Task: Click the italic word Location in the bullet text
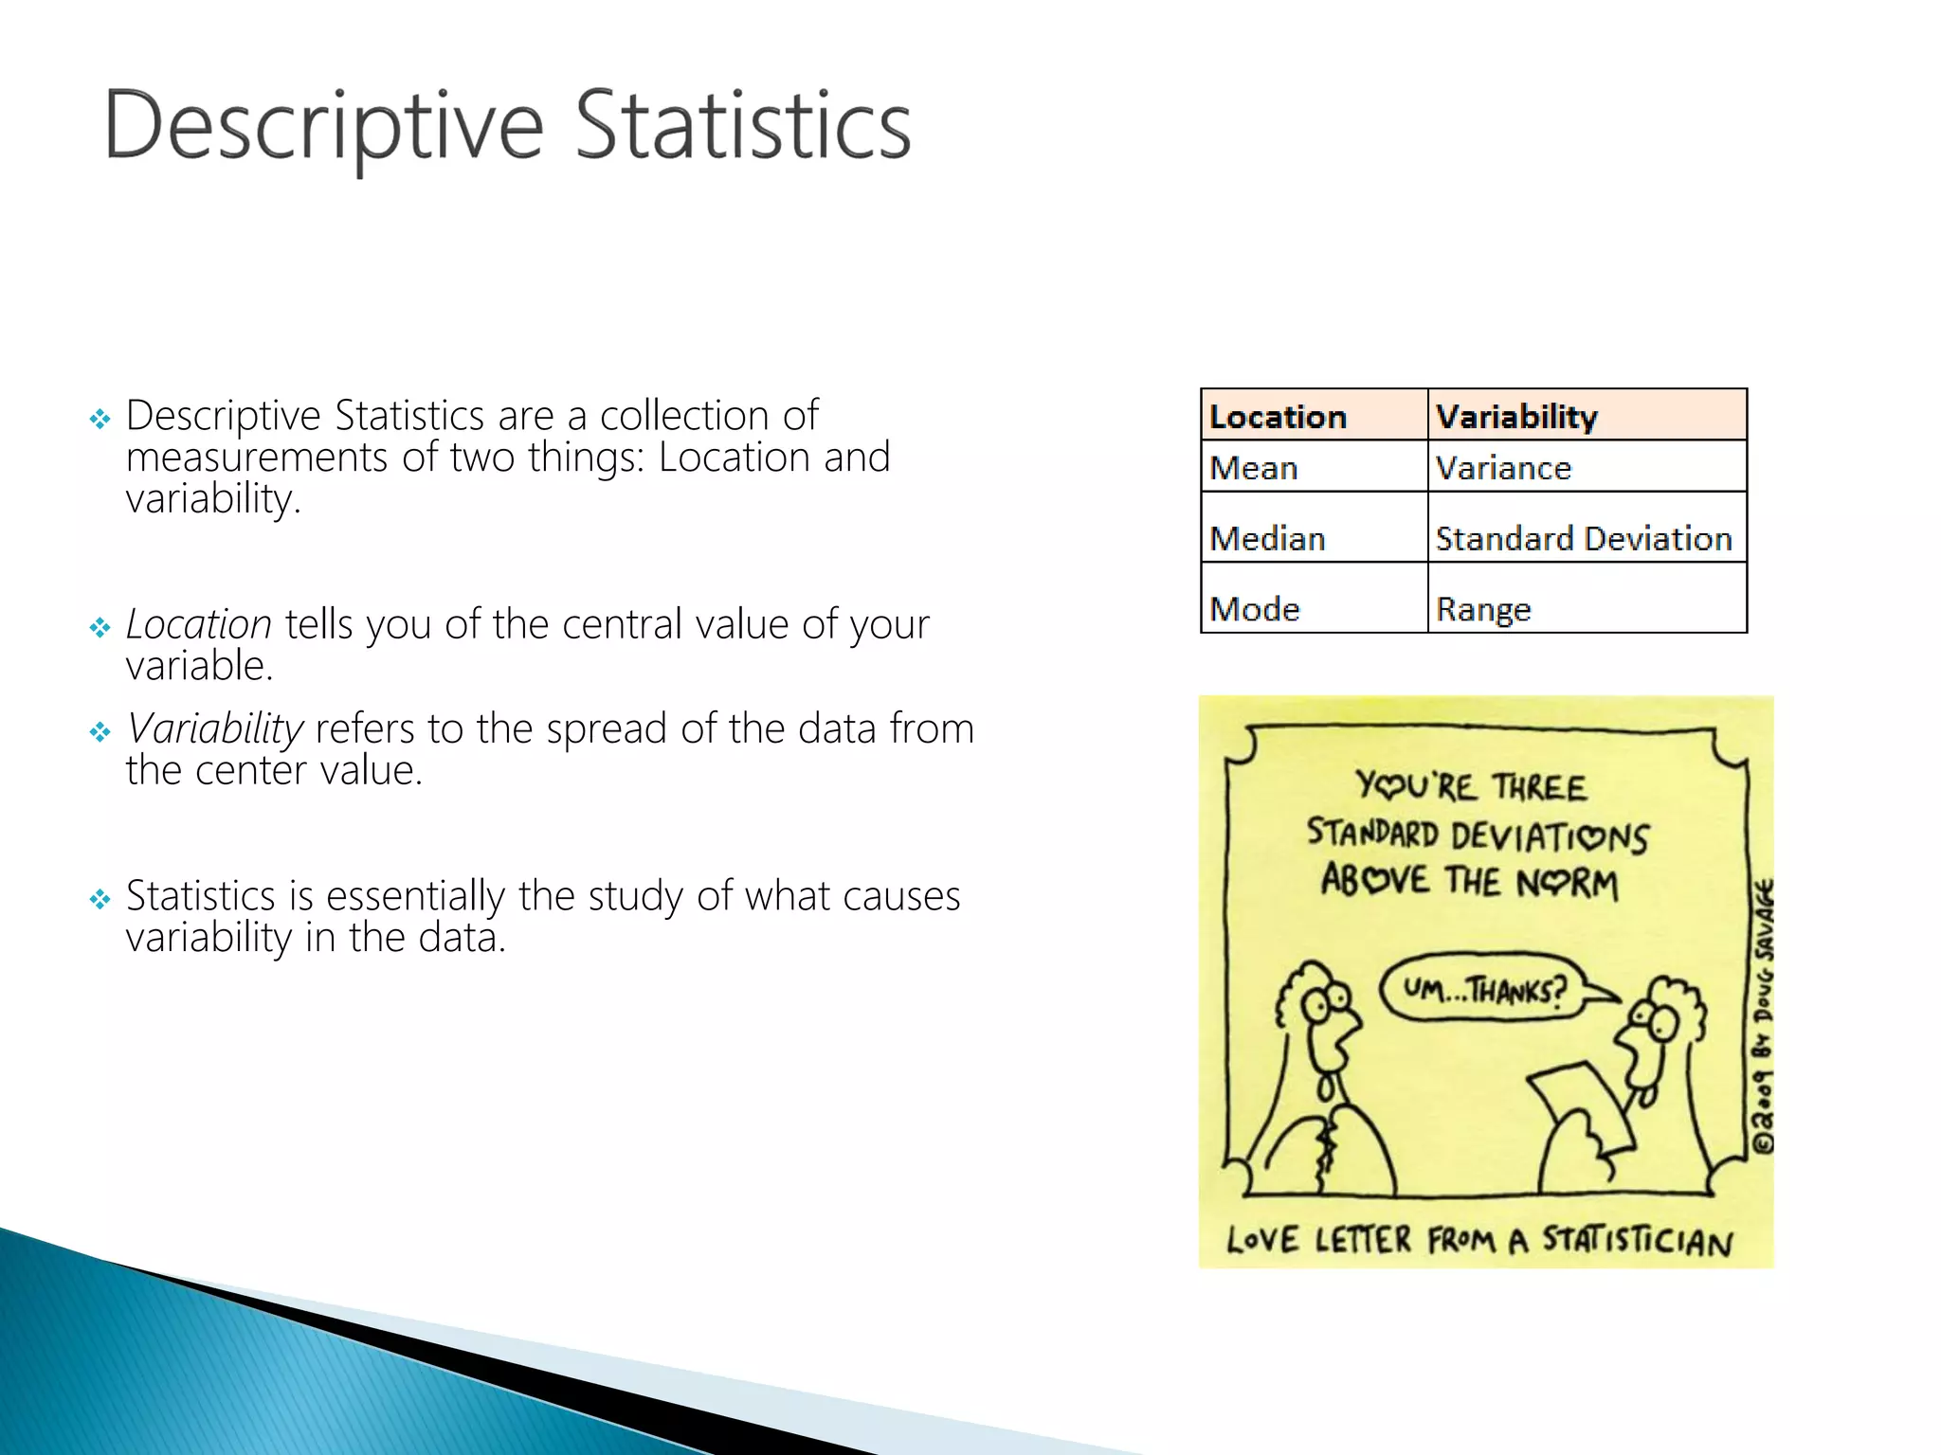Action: (x=199, y=624)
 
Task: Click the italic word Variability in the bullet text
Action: (x=215, y=728)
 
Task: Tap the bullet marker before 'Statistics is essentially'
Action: (x=100, y=898)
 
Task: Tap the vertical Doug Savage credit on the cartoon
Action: (x=1763, y=1014)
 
